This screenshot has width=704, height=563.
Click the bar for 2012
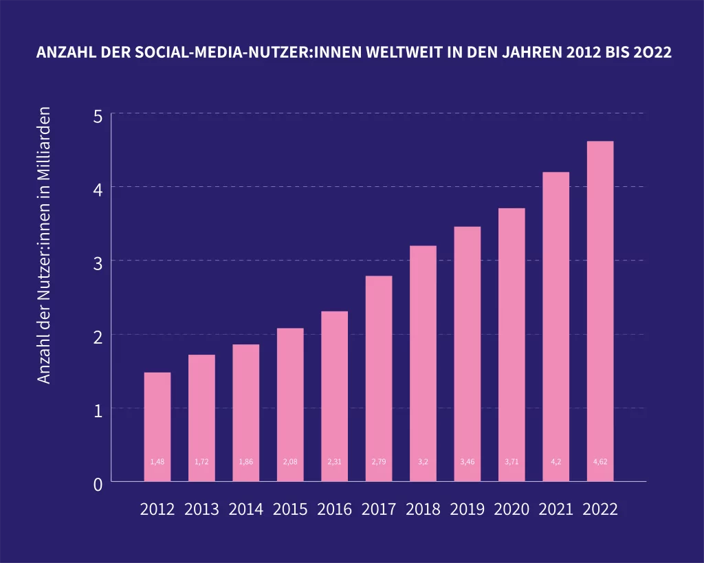(157, 426)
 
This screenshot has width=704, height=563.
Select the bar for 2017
(379, 378)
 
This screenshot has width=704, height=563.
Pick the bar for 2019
(467, 354)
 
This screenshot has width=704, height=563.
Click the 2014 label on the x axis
(246, 509)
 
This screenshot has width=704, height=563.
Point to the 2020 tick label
(511, 509)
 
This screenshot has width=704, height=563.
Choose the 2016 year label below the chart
(334, 509)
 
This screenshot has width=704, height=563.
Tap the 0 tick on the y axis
(98, 484)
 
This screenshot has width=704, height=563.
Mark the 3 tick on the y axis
(98, 263)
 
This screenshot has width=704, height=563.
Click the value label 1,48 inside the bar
(157, 462)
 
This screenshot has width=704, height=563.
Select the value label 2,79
(379, 462)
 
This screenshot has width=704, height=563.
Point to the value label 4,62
(599, 462)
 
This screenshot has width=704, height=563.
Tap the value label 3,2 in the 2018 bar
(423, 462)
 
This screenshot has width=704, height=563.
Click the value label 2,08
(290, 462)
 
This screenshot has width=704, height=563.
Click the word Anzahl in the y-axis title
(44, 362)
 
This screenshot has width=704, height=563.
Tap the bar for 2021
(555, 327)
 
